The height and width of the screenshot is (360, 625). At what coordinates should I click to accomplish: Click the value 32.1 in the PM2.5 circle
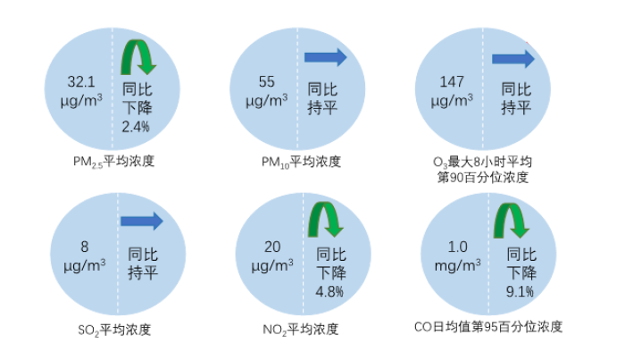pos(81,82)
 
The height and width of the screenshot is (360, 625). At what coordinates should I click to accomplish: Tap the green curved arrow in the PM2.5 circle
pos(137,57)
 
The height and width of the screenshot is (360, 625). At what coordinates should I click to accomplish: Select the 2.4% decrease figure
pos(136,127)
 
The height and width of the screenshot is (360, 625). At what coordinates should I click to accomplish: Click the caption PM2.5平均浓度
pos(113,162)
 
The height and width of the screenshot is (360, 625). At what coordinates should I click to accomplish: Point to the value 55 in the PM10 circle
pos(267,82)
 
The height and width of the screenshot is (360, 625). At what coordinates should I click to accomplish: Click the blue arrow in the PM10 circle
pos(326,57)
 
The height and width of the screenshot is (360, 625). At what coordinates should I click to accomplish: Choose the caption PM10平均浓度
pos(302,163)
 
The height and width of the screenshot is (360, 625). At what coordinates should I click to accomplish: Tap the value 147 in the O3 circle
pos(452,82)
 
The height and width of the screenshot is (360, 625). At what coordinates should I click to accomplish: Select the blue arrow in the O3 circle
pos(513,59)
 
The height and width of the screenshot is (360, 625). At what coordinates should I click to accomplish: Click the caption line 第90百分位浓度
pos(483,178)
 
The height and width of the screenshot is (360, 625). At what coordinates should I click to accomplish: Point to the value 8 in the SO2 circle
pos(85,247)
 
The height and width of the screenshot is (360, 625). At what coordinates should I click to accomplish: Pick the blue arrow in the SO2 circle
pos(142,222)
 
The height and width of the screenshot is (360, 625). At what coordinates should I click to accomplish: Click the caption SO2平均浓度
pos(114,331)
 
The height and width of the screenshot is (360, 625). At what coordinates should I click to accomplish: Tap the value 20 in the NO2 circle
pos(272,247)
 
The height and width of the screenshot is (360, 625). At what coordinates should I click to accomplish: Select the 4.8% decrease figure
pos(329,292)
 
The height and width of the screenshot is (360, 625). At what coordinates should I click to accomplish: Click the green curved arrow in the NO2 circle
pos(326,220)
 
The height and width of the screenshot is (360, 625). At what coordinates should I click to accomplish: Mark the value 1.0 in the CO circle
pos(457,247)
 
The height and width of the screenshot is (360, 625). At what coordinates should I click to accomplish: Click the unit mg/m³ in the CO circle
pos(457,265)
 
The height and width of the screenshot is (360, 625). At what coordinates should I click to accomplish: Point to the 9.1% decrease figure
pos(520,292)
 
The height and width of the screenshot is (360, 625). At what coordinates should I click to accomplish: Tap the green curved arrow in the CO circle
pos(512,221)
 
